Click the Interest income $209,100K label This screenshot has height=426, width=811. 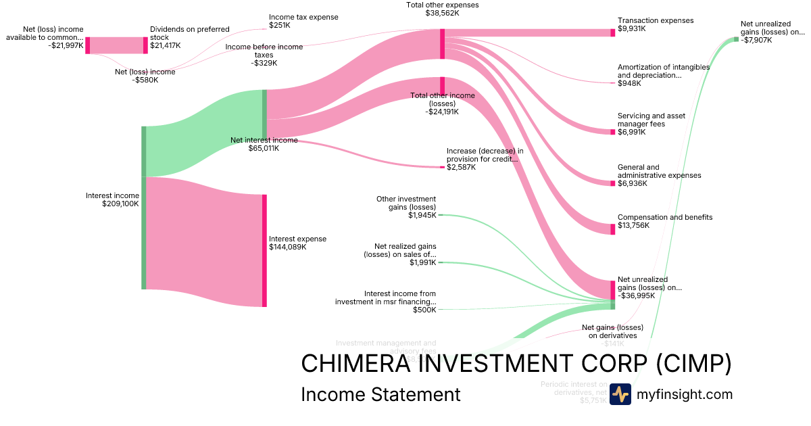click(x=112, y=199)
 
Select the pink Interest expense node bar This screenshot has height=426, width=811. click(x=264, y=250)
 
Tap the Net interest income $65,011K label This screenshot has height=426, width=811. click(x=264, y=144)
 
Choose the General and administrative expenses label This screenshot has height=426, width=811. click(x=659, y=175)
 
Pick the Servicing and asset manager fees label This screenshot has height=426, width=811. click(x=651, y=124)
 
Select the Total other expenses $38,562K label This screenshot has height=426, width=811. click(x=442, y=9)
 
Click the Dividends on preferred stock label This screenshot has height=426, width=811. click(x=189, y=37)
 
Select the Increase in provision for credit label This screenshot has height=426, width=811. click(x=485, y=159)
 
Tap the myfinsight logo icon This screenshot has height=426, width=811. click(x=620, y=394)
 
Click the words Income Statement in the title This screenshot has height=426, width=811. click(x=380, y=395)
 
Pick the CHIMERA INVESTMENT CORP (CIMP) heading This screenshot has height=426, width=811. click(x=516, y=364)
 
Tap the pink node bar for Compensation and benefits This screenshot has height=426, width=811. click(x=613, y=229)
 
